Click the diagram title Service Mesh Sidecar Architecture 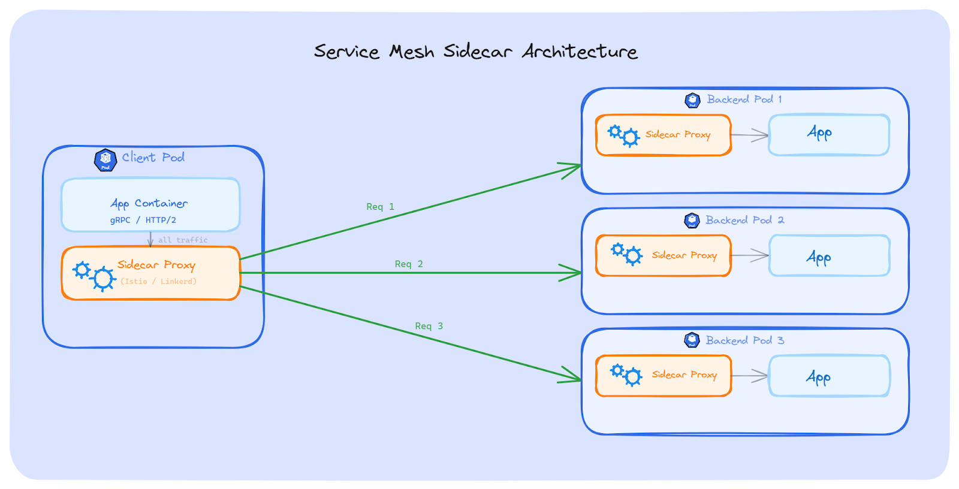tap(475, 52)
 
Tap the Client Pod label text tap(153, 158)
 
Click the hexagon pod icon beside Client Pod tap(105, 160)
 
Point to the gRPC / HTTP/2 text tap(143, 220)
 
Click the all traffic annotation tap(183, 240)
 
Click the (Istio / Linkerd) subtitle tap(158, 281)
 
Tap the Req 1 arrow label tap(380, 207)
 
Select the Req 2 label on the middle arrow tap(409, 264)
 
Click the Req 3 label tap(429, 326)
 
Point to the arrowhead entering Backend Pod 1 tap(572, 168)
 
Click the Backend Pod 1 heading tap(744, 99)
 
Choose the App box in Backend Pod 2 tap(830, 256)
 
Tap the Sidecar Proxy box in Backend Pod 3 tap(663, 376)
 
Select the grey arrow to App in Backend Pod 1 tap(750, 135)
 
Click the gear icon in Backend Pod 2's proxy tap(626, 254)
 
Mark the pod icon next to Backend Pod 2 tap(692, 221)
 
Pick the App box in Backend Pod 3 tap(830, 376)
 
